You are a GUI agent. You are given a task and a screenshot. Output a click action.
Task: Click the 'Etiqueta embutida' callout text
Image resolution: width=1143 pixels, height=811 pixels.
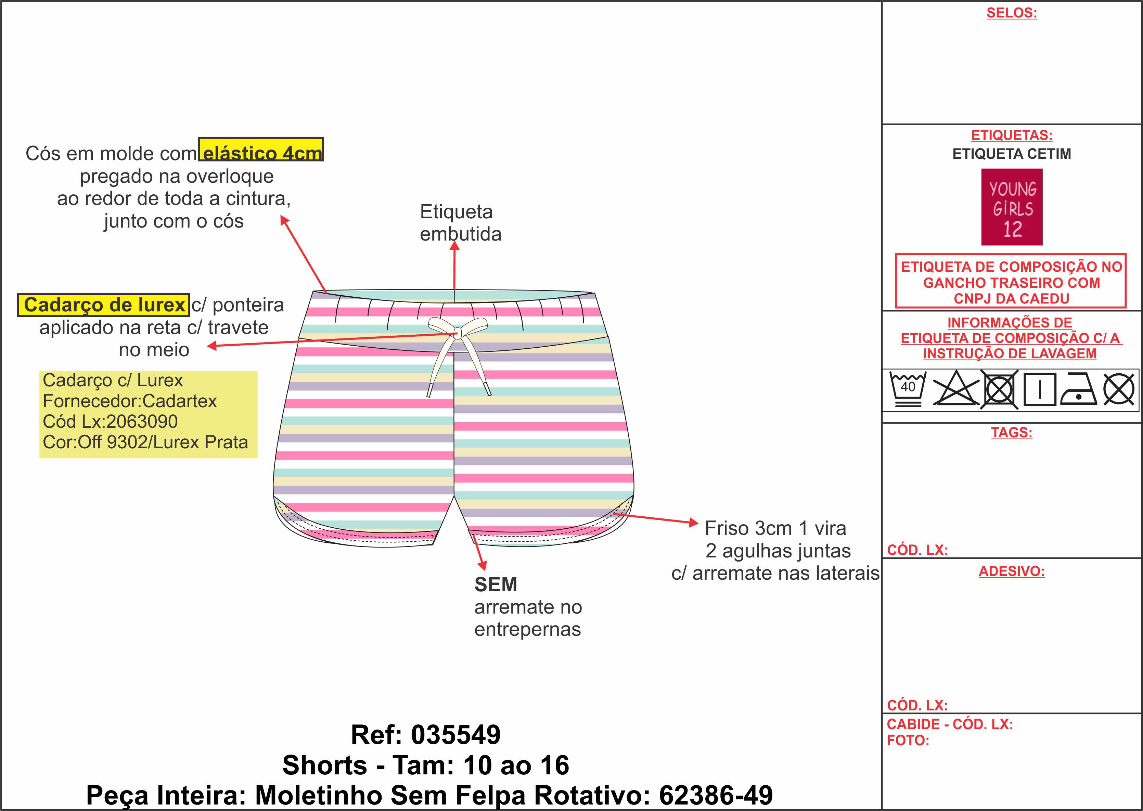point(460,223)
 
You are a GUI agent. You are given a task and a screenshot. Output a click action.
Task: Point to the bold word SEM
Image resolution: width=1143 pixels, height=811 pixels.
point(495,584)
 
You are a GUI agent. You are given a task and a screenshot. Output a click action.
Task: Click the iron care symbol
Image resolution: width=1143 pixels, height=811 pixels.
point(1078,389)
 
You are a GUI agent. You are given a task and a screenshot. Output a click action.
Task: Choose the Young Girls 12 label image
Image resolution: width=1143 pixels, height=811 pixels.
point(1012,207)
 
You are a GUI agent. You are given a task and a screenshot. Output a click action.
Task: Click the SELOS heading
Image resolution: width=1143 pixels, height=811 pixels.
point(1012,13)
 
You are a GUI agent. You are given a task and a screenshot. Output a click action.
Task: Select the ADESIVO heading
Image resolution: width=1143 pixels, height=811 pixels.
point(1012,571)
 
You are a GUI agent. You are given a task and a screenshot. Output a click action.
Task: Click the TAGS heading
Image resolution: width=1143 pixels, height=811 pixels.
point(1012,433)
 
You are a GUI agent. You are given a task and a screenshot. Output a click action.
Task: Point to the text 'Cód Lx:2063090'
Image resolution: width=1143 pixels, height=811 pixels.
point(110,422)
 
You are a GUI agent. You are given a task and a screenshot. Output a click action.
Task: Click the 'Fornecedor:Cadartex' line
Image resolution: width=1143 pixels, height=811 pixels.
point(130,401)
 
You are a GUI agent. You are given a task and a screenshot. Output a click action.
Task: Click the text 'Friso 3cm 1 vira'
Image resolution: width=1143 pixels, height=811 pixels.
point(775,528)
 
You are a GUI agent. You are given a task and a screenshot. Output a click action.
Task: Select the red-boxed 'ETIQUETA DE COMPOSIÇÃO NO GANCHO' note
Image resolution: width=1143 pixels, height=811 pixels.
point(1011,283)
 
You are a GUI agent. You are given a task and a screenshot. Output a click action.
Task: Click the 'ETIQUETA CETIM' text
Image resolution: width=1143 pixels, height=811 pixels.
point(1012,154)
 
